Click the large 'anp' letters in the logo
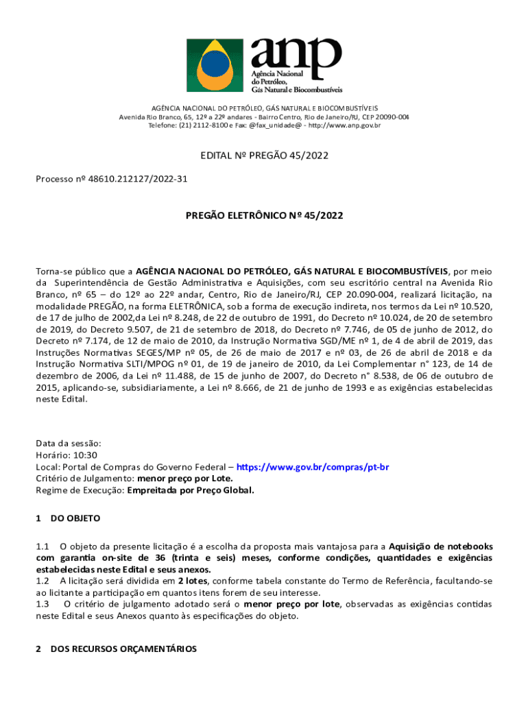pyautogui.click(x=296, y=52)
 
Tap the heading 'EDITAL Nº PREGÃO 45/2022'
pyautogui.click(x=264, y=156)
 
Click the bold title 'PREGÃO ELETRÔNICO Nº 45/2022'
pyautogui.click(x=264, y=215)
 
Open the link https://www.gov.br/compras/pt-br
pyautogui.click(x=313, y=467)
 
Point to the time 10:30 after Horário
pyautogui.click(x=86, y=455)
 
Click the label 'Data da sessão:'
pyautogui.click(x=69, y=444)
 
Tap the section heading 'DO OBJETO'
pyautogui.click(x=75, y=518)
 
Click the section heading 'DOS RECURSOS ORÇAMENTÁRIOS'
pyautogui.click(x=123, y=649)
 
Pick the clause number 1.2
pyautogui.click(x=43, y=581)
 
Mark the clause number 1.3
pyautogui.click(x=43, y=604)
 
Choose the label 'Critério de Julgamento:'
pyautogui.click(x=85, y=479)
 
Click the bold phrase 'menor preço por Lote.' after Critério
pyautogui.click(x=185, y=479)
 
